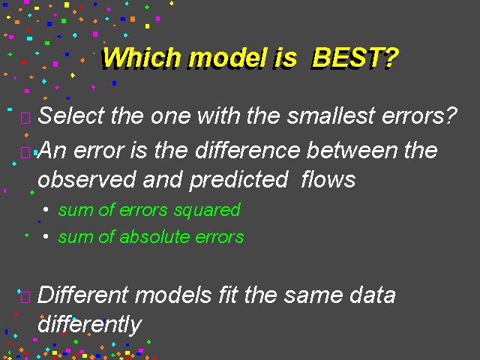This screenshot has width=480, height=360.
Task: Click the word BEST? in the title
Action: pyautogui.click(x=355, y=58)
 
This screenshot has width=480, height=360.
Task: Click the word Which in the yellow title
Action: pyautogui.click(x=141, y=58)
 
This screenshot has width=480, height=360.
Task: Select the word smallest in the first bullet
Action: pyautogui.click(x=331, y=115)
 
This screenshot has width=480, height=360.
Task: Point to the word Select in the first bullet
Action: pyautogui.click(x=71, y=115)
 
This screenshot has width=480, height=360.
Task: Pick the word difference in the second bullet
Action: pyautogui.click(x=247, y=150)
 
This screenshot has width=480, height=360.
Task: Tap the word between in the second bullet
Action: pyautogui.click(x=352, y=150)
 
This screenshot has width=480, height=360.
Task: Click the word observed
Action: pyautogui.click(x=87, y=179)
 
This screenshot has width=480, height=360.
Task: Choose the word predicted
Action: pyautogui.click(x=238, y=181)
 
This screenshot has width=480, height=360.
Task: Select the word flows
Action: pyautogui.click(x=328, y=179)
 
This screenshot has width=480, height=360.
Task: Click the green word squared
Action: pyautogui.click(x=207, y=211)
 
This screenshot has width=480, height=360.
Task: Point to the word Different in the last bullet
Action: pyautogui.click(x=82, y=295)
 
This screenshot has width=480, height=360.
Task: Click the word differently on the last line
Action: pyautogui.click(x=90, y=325)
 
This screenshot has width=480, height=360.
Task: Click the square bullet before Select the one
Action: pyautogui.click(x=25, y=118)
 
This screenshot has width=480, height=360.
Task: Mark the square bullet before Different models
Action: pyautogui.click(x=25, y=297)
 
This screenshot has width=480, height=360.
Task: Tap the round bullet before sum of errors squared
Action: pyautogui.click(x=46, y=209)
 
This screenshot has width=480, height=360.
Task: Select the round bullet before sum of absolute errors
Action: pyautogui.click(x=46, y=236)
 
